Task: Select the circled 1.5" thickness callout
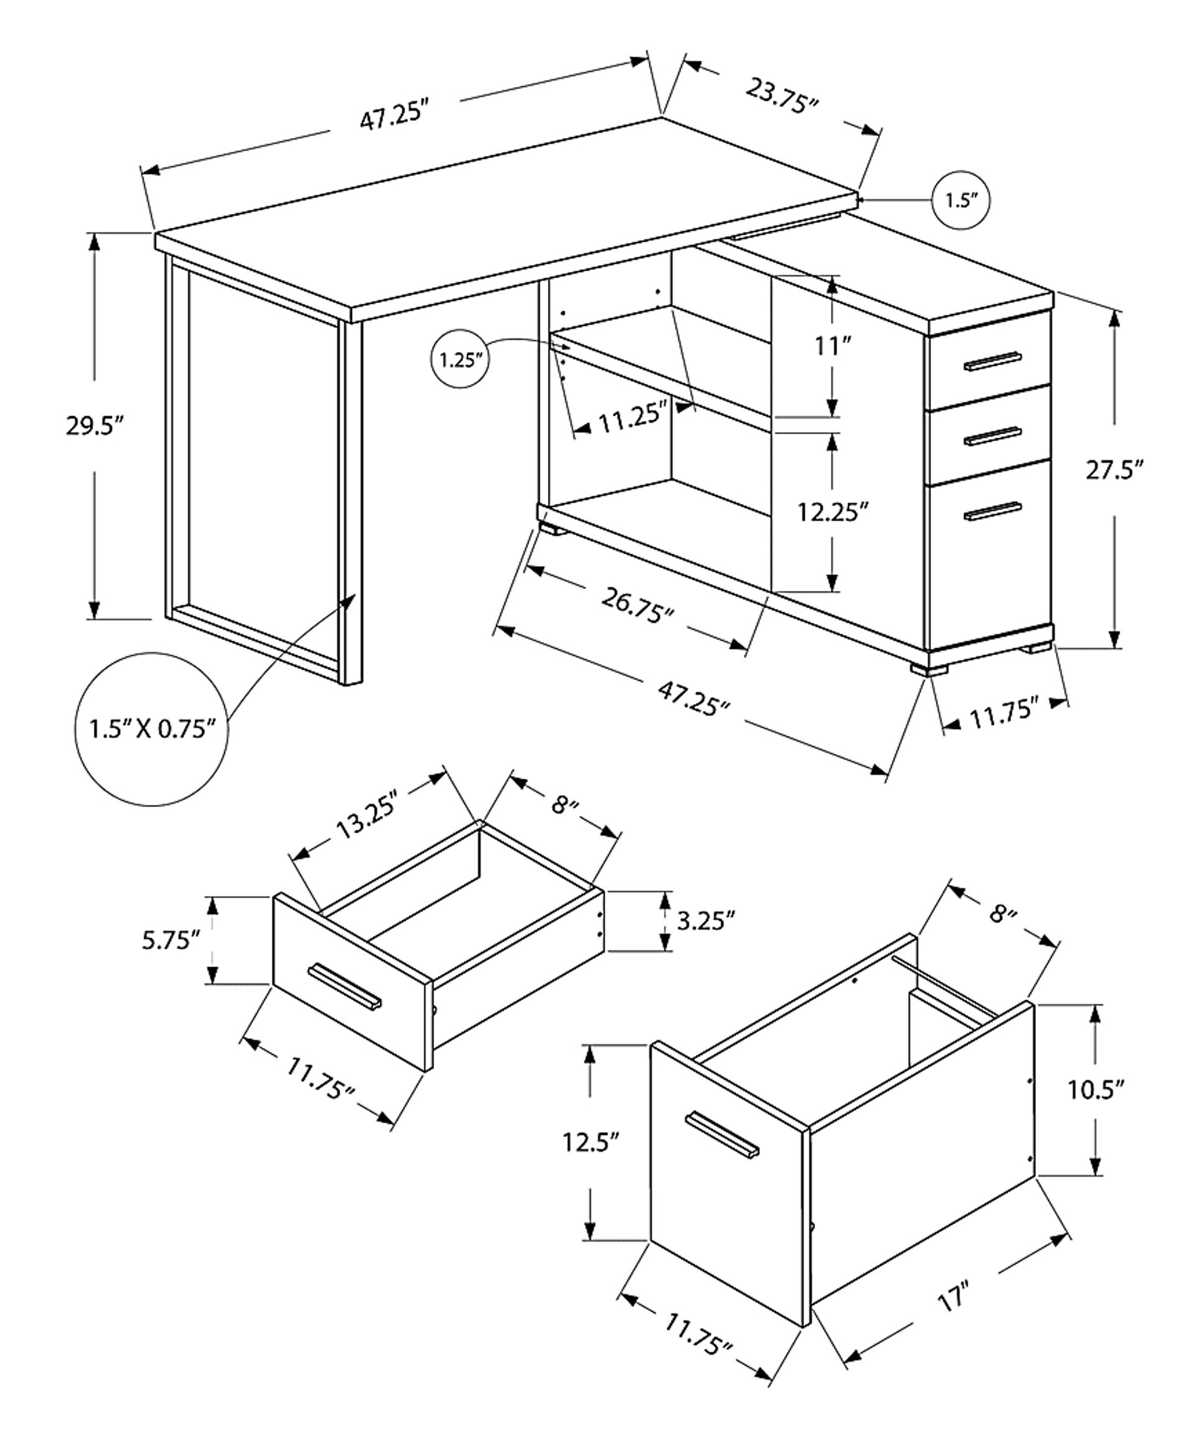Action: coord(961,200)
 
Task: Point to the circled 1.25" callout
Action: coord(460,360)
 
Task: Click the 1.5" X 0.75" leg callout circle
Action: coord(152,728)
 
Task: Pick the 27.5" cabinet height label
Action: coord(1115,470)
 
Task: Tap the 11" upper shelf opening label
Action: coord(833,346)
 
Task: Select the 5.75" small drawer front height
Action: coord(171,940)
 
